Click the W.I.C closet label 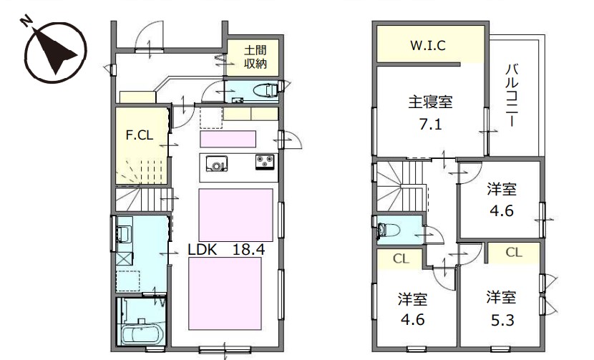pos(428,46)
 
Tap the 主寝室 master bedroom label pos(430,102)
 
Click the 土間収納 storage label pos(255,57)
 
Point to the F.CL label pos(140,135)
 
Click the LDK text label pos(203,250)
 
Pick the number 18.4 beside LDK pos(248,250)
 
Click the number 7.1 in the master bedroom pos(431,125)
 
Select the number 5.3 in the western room pos(502,321)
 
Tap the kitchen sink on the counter pos(216,164)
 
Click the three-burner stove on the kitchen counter pos(265,162)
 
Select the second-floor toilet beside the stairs pos(389,230)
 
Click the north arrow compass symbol pos(56,52)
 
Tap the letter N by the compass pos(26,21)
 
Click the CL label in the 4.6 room pos(401,259)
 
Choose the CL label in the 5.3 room pos(514,253)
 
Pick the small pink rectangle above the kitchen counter pos(228,139)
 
